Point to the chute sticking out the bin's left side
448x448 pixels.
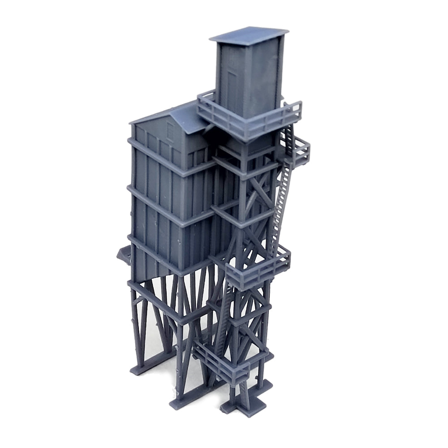[x=122, y=255]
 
